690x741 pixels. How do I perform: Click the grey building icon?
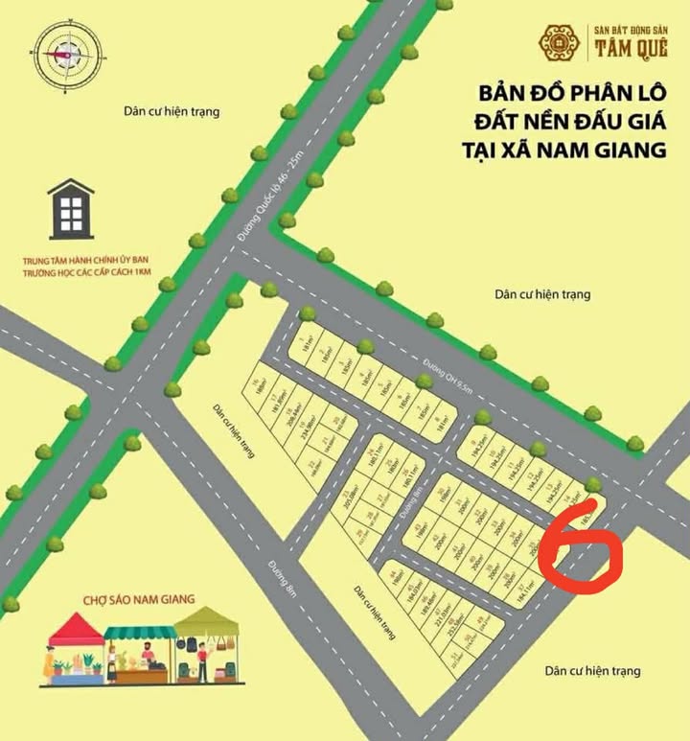[71, 209]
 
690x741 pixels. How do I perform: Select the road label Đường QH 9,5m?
[448, 380]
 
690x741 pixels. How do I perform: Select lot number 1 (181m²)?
[310, 340]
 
